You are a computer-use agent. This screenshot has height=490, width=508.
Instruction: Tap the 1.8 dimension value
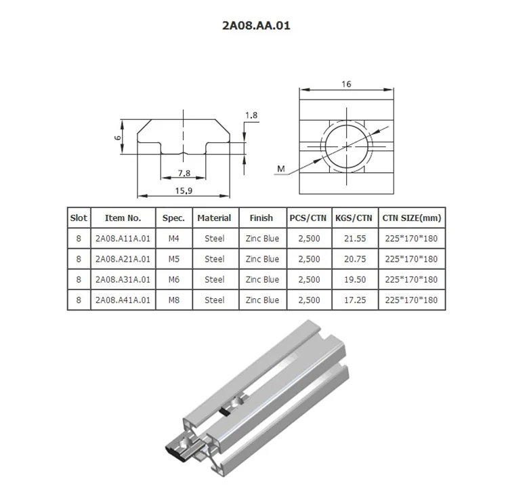[x=251, y=116]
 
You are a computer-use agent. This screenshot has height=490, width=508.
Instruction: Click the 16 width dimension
[x=345, y=84]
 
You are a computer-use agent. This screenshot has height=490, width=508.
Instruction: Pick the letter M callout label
[x=281, y=169]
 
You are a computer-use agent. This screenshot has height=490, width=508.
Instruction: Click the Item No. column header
[x=123, y=218]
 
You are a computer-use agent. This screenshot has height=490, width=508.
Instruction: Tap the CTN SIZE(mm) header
[x=411, y=218]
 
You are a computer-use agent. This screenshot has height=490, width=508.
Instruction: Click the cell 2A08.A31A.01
[x=123, y=279]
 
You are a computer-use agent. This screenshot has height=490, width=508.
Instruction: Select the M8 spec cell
[x=174, y=300]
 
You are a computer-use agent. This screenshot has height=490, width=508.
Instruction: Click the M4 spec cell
[x=174, y=239]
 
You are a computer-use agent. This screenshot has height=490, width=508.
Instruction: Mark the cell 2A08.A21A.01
[x=123, y=259]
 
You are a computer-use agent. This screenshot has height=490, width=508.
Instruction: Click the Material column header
[x=214, y=218]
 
